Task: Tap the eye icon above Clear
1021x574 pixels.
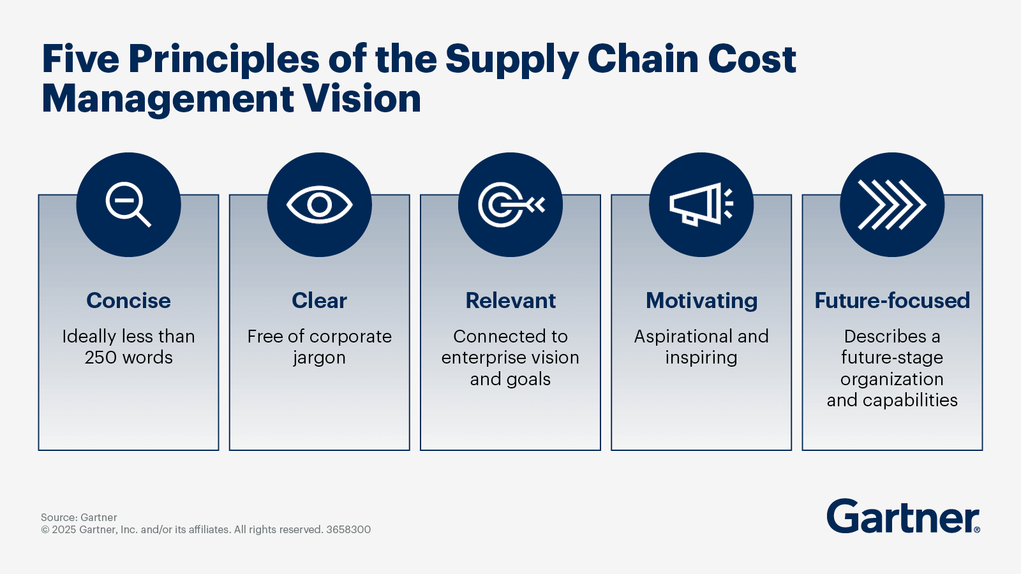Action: tap(319, 205)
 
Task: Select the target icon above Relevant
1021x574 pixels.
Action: tap(511, 205)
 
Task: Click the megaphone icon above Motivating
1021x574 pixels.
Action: tap(701, 204)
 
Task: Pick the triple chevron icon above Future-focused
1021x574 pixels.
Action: tap(892, 205)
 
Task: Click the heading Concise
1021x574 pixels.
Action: tap(128, 300)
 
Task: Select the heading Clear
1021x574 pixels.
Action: tap(319, 300)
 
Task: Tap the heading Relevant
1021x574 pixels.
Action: tap(511, 300)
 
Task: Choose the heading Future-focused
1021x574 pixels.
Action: tap(892, 300)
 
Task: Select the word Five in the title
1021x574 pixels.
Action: tap(80, 59)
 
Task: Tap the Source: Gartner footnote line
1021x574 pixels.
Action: tap(79, 517)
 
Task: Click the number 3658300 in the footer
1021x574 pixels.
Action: tap(348, 530)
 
